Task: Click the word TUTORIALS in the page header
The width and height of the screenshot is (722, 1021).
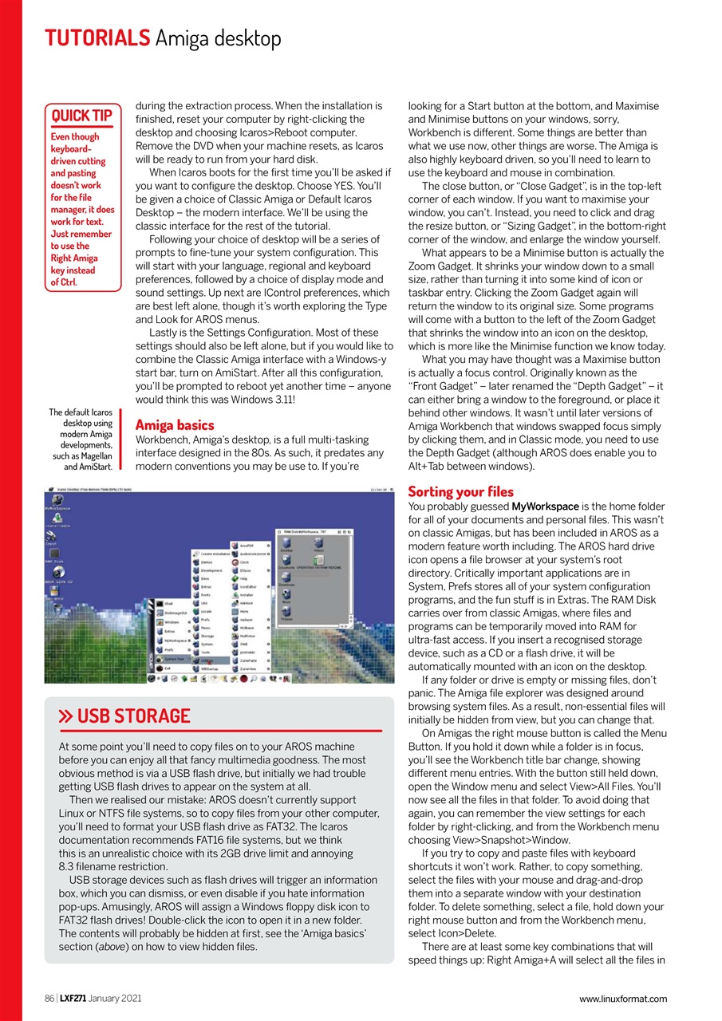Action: click(x=97, y=37)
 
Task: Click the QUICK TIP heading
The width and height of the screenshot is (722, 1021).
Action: click(x=81, y=116)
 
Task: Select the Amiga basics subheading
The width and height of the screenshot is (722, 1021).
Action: click(x=175, y=425)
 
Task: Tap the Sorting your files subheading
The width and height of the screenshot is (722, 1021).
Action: click(x=460, y=491)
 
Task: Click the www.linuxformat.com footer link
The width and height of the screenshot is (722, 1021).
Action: click(x=623, y=999)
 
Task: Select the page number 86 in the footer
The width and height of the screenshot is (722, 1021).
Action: click(x=49, y=999)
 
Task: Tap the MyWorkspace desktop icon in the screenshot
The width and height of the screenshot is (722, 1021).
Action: click(x=57, y=502)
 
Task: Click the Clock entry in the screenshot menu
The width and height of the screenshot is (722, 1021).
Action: click(x=243, y=562)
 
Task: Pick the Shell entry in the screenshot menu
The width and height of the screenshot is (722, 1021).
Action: click(x=168, y=604)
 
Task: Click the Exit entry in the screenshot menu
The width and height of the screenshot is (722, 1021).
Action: click(x=167, y=668)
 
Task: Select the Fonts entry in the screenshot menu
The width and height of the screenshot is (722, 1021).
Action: click(x=205, y=595)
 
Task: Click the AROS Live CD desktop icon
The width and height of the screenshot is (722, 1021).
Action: click(x=58, y=574)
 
